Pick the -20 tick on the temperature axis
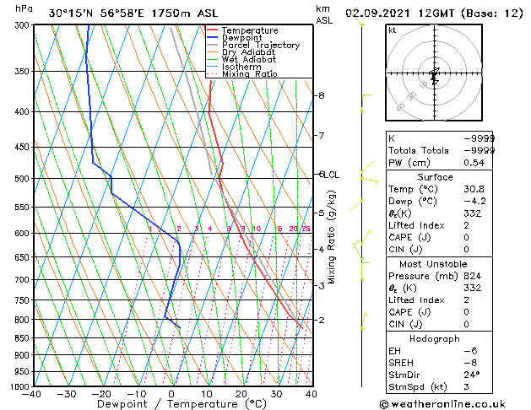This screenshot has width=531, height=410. [x=101, y=394]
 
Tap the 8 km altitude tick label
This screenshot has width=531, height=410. [x=321, y=95]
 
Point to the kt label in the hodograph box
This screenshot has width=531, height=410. [x=393, y=30]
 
